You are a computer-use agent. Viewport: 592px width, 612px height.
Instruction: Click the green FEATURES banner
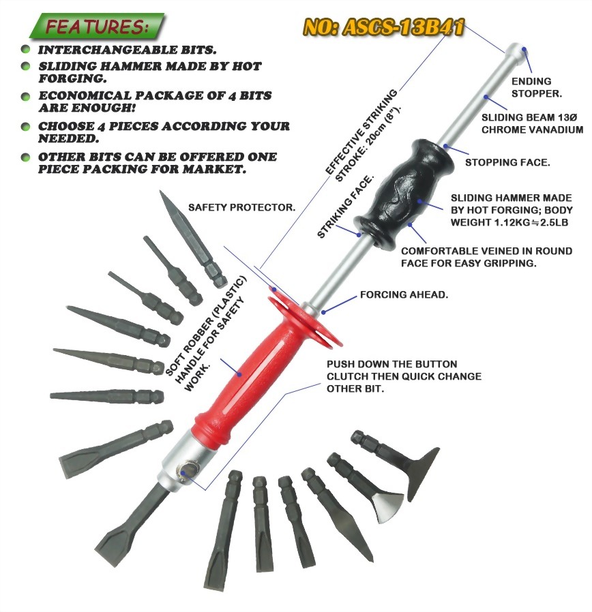tap(97, 26)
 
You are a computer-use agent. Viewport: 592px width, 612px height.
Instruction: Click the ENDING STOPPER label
tap(537, 87)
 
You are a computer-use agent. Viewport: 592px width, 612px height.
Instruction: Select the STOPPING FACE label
tap(507, 162)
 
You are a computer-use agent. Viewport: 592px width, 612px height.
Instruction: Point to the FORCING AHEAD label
tap(404, 294)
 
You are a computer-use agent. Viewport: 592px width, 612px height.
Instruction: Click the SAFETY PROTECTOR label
tap(241, 207)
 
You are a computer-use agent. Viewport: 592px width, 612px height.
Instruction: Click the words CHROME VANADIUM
tap(532, 130)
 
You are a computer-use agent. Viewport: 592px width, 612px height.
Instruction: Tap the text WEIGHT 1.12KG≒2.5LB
tap(509, 222)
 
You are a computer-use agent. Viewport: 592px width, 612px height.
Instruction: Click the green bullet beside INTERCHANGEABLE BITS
tap(25, 49)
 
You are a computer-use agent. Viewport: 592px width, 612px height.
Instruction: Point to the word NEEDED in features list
tap(68, 138)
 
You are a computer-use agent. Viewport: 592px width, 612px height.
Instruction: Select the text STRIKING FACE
tap(345, 207)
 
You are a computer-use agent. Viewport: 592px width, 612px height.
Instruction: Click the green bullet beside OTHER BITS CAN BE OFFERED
tap(25, 157)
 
